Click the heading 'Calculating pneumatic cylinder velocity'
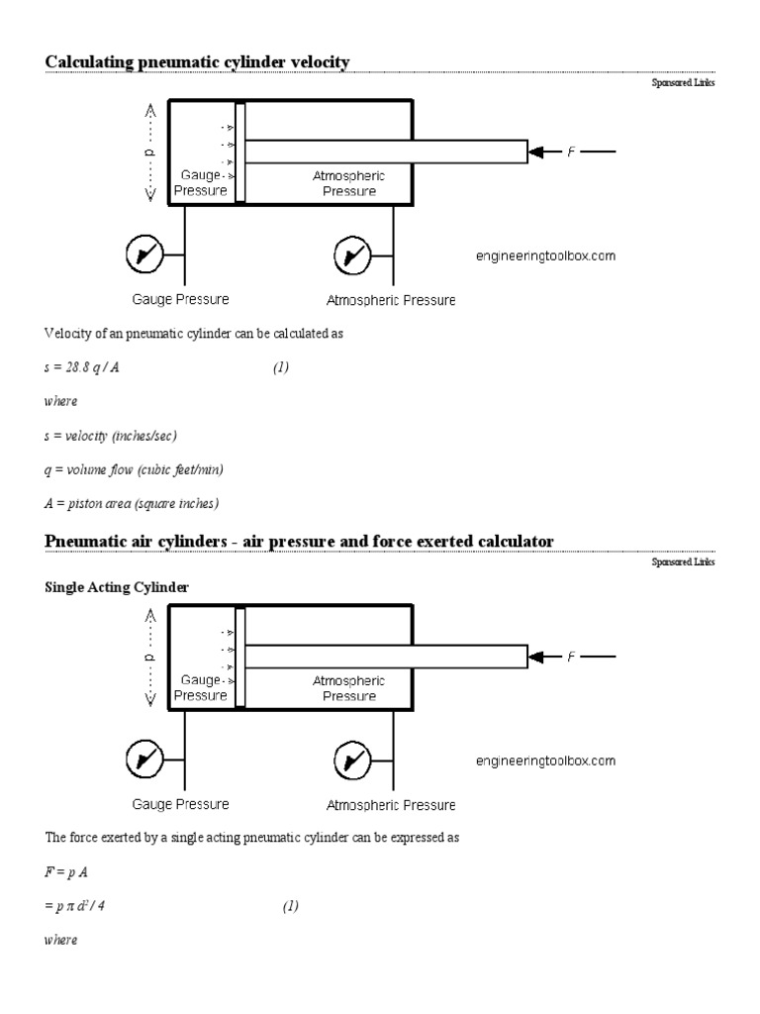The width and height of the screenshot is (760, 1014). pos(197,62)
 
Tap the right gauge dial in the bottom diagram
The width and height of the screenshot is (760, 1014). pos(353,760)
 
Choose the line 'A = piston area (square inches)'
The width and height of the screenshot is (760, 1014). pos(132,503)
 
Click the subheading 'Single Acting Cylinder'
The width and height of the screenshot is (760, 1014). pos(117,587)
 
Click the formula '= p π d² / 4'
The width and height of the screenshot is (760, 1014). pos(88,906)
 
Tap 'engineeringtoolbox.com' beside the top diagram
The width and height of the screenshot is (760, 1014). pos(545,256)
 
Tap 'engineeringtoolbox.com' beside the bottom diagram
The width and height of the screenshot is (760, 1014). pos(545,760)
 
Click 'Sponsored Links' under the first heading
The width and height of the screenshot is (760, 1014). pos(682,83)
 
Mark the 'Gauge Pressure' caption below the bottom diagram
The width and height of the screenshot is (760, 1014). pos(181,804)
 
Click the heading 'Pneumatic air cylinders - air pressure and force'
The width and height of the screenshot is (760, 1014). pos(299,540)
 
